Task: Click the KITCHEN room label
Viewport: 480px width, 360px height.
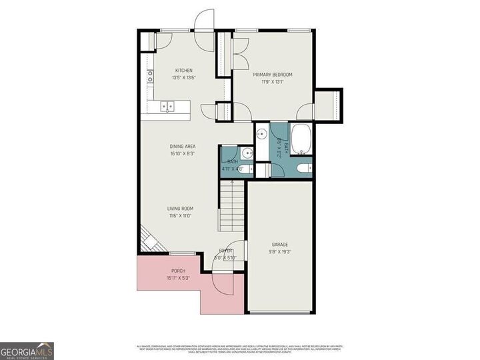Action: click(x=184, y=71)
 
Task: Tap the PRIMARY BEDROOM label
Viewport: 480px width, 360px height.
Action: click(x=273, y=75)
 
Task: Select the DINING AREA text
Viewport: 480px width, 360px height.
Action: click(x=182, y=146)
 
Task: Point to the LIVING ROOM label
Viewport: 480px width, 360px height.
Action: click(x=180, y=209)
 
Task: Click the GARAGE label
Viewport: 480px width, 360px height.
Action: click(x=280, y=245)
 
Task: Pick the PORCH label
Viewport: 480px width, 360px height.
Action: click(x=178, y=271)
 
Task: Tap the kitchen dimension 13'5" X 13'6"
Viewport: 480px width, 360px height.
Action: click(x=184, y=78)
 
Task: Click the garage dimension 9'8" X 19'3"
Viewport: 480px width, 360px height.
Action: click(x=280, y=252)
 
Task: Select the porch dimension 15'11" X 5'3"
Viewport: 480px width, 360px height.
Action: click(x=178, y=278)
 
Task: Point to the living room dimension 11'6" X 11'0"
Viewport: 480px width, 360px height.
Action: click(x=180, y=216)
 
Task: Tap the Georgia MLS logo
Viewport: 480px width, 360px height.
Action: click(x=27, y=351)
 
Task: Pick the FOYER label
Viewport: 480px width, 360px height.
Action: click(x=226, y=251)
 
